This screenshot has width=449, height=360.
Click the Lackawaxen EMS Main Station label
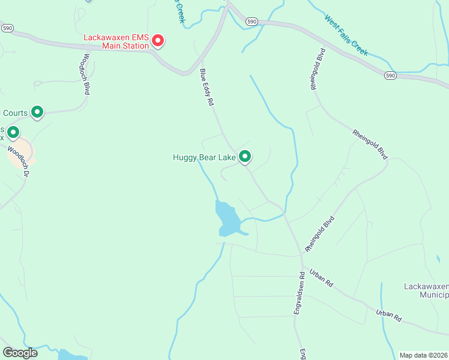click(116, 40)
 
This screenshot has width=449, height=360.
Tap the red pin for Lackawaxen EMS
click(158, 40)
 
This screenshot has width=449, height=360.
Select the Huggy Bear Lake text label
click(204, 158)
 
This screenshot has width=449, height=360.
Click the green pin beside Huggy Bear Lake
click(245, 157)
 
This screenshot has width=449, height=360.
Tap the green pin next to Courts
click(37, 112)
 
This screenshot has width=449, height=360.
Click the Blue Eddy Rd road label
click(207, 87)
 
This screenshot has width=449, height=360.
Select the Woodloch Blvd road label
click(86, 74)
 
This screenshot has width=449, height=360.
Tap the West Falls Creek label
click(346, 36)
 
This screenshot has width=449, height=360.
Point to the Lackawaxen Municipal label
click(423, 290)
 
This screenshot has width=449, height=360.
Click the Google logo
click(20, 353)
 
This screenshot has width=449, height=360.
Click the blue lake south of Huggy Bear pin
click(227, 218)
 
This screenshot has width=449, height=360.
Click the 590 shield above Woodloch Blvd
click(7, 28)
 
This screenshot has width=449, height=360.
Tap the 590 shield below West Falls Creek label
click(390, 76)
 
